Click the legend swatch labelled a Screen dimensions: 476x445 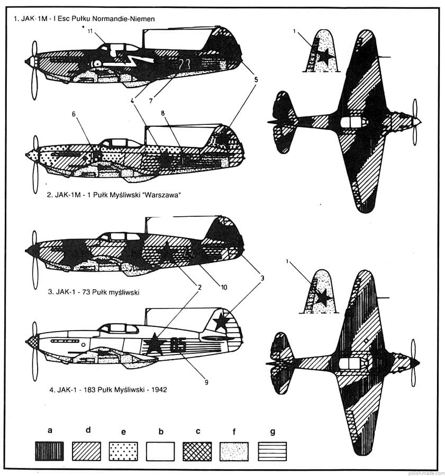(x=50, y=451)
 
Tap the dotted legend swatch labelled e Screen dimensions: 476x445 (x=124, y=451)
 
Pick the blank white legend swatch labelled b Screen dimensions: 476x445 (x=161, y=451)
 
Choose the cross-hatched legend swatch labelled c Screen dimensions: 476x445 (x=198, y=451)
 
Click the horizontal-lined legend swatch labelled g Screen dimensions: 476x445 (x=273, y=451)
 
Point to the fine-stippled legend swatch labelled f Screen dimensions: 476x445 (x=235, y=451)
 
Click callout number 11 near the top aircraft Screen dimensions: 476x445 (x=89, y=31)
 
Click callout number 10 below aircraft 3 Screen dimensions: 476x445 (x=224, y=287)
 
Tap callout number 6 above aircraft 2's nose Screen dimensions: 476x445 (x=74, y=114)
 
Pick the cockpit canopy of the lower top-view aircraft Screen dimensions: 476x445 (x=351, y=363)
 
